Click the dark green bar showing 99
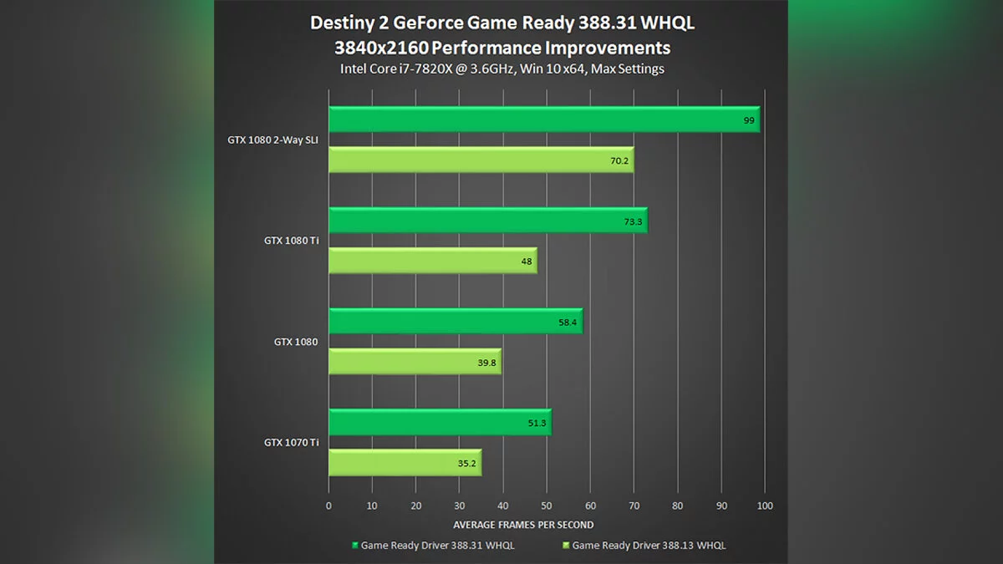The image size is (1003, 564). coord(543,119)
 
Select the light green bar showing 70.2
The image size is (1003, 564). coord(481,160)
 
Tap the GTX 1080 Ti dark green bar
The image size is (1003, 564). coord(487,221)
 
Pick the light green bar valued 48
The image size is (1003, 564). coord(432,261)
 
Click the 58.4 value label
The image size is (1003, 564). coord(568,322)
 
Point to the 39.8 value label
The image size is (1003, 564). coord(486,362)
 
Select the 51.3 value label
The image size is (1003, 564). coord(537,423)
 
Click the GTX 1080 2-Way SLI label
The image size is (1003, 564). coord(272,140)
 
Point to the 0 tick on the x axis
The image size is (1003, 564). coord(328,506)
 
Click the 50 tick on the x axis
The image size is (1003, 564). coord(547,506)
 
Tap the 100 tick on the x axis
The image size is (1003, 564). coord(764,506)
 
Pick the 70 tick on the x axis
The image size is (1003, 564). coord(634,506)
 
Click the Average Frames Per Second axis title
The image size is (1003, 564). coord(523,525)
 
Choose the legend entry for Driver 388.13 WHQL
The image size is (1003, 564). coord(644,546)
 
